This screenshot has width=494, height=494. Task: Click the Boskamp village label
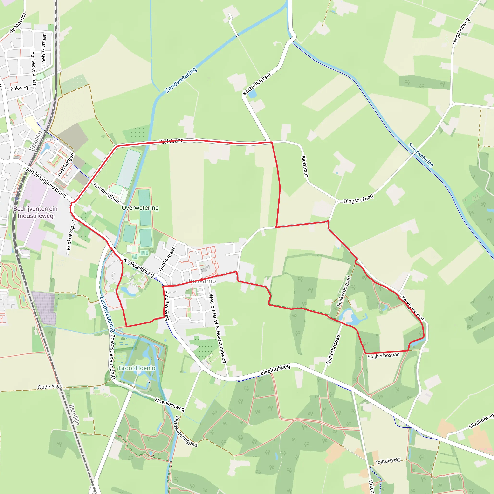(202, 281)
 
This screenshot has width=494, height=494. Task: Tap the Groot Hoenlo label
(137, 368)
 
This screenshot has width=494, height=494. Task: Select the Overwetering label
(140, 208)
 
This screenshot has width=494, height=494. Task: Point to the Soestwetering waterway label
(421, 155)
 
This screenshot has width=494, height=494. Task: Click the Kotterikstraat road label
(257, 84)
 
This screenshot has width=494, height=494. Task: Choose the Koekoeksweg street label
(139, 268)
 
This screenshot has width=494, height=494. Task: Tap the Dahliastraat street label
(167, 259)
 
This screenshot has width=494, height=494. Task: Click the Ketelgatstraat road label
(412, 308)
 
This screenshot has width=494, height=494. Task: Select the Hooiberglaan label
(106, 193)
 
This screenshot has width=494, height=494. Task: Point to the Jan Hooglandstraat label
(47, 183)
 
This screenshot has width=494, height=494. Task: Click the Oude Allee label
(50, 387)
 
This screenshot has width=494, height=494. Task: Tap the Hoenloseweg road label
(170, 405)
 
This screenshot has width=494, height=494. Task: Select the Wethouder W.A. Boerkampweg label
(217, 328)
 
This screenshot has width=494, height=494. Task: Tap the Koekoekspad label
(71, 235)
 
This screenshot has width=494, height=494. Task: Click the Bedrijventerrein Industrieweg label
(35, 212)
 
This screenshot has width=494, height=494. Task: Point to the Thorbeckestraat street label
(34, 67)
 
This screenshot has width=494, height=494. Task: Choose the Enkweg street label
(19, 88)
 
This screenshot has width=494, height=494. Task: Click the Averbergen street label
(66, 165)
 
